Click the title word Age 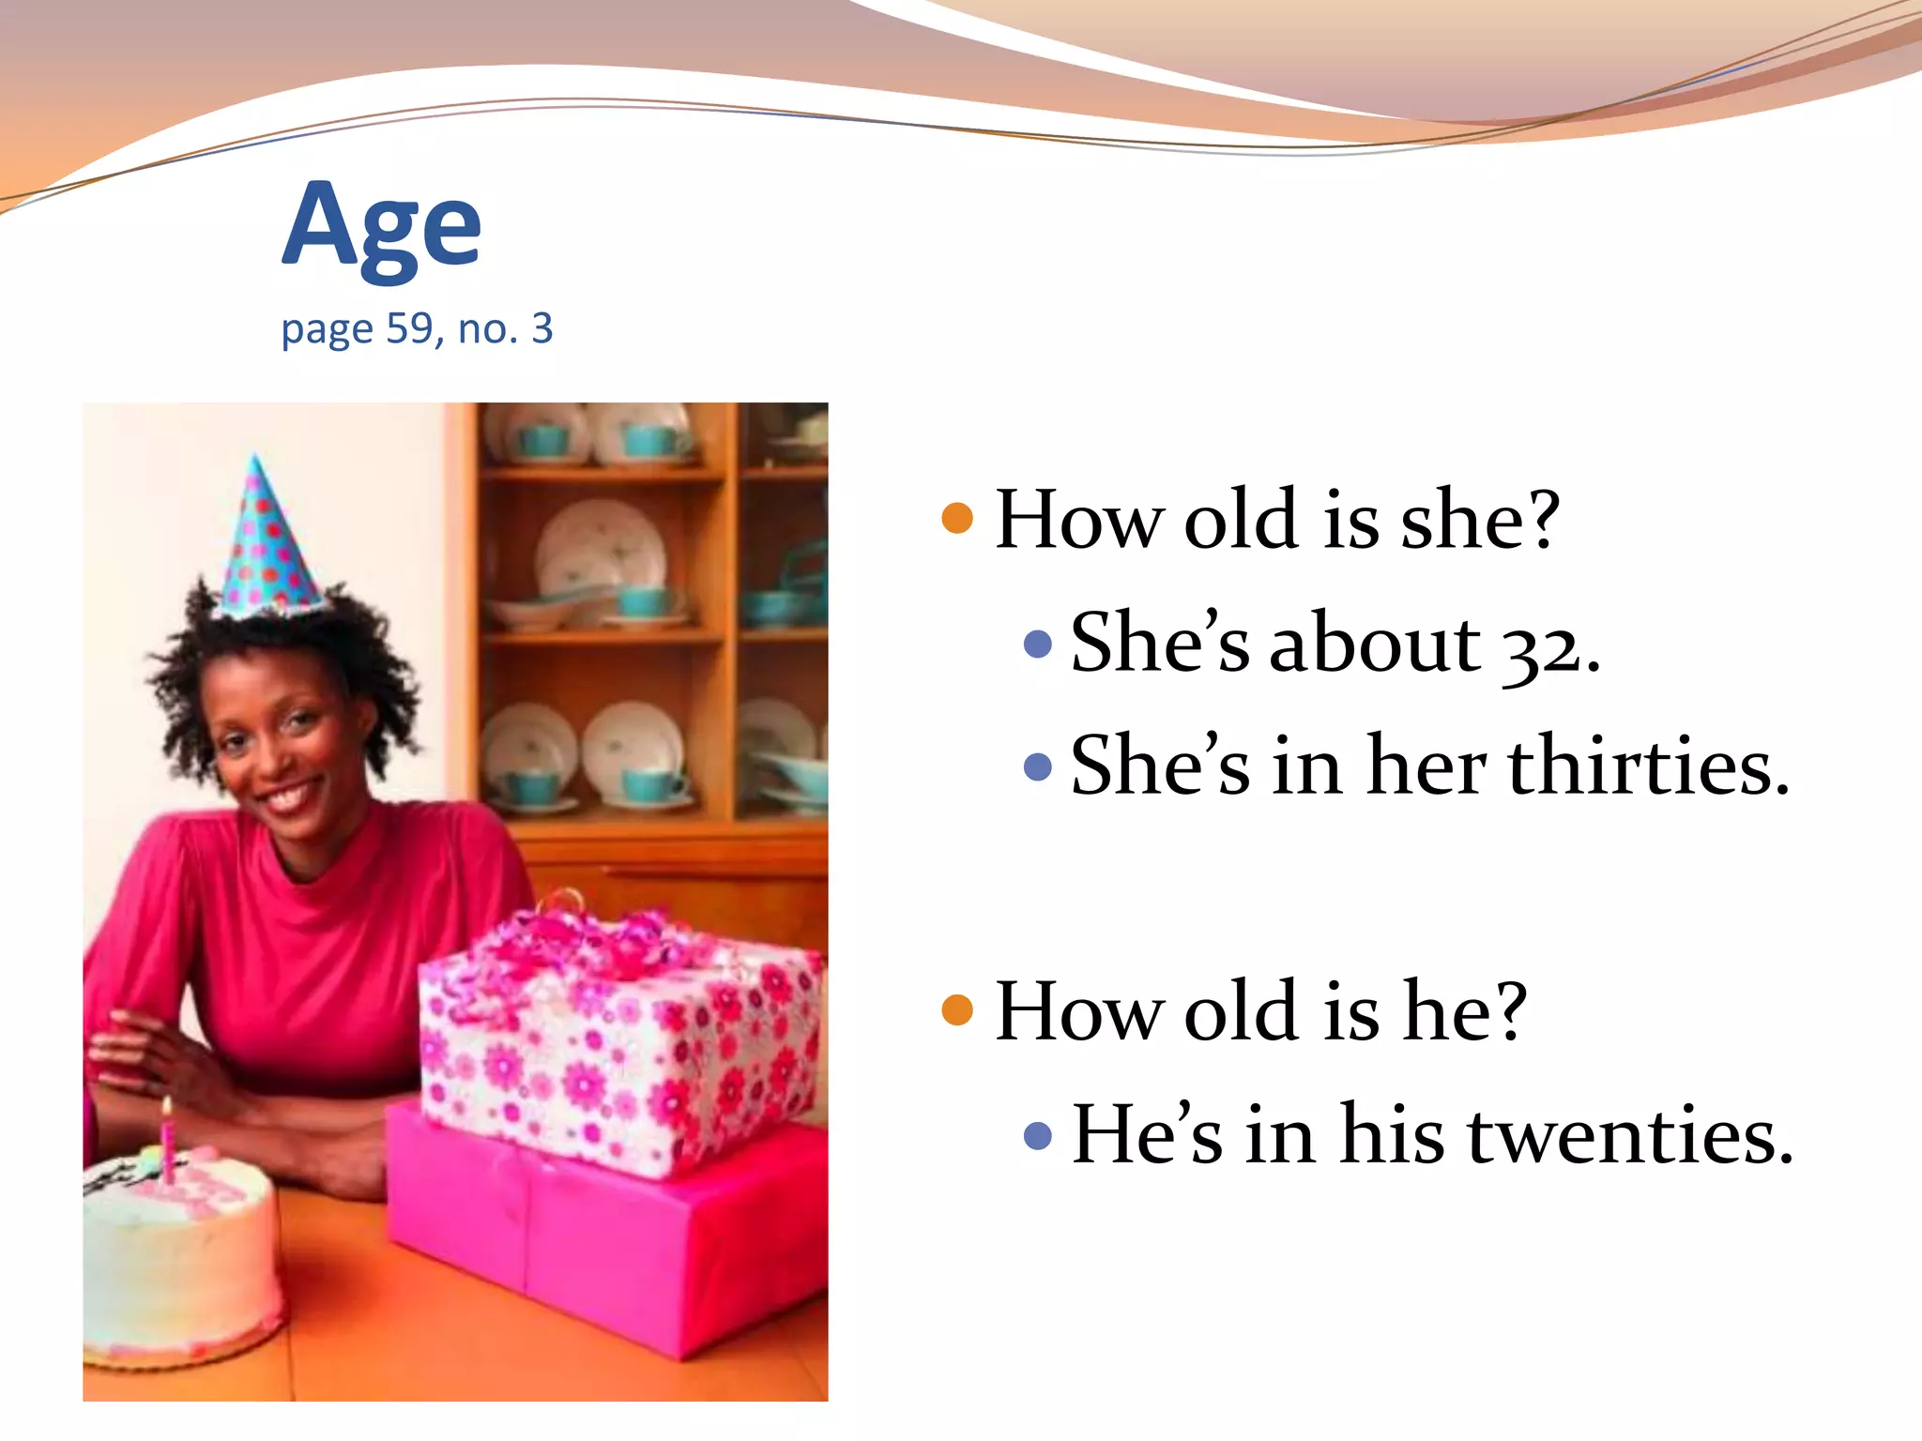(381, 228)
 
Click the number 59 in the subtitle (409, 329)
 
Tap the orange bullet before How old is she (956, 518)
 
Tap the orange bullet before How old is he (956, 1009)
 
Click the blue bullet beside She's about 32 (1037, 644)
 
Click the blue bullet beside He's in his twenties (1037, 1136)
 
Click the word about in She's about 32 (1374, 645)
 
